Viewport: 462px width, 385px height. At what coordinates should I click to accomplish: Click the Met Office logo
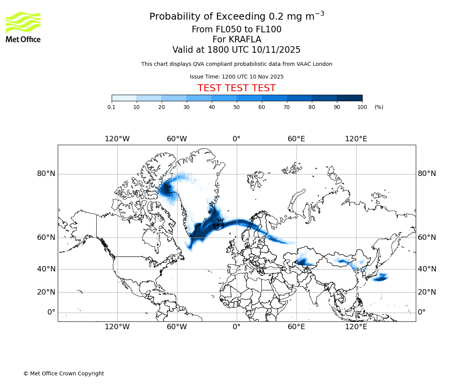point(23,27)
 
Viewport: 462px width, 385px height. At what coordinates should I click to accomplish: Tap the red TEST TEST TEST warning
point(236,89)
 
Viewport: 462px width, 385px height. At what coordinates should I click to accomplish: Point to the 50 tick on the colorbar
point(237,107)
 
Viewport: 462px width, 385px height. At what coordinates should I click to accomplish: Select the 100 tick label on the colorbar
point(362,107)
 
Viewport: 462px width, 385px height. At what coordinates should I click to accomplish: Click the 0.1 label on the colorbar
point(112,107)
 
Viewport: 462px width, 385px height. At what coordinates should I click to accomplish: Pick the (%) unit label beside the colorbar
point(379,107)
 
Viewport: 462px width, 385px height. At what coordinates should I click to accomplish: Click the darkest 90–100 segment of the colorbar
point(350,98)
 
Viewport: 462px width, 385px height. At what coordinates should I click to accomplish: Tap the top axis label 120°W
point(117,139)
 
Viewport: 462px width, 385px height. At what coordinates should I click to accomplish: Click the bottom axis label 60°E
point(296,327)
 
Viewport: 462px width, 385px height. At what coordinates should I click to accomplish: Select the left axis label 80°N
point(46,174)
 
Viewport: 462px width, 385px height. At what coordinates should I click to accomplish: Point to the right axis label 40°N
point(427,269)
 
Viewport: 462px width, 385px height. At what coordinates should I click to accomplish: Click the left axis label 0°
point(51,312)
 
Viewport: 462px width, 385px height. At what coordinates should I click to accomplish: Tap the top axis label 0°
point(236,139)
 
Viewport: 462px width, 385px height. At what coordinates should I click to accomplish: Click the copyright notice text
point(64,373)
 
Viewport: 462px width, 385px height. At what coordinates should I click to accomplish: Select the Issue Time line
point(236,77)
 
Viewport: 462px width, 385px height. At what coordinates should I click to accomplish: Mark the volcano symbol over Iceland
point(220,223)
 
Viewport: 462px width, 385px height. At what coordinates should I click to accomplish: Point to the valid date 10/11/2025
point(276,50)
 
